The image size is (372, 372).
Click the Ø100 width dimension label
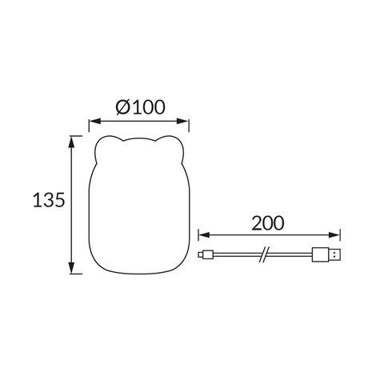coord(140,106)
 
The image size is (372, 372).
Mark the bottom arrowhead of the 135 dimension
coord(73,270)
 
